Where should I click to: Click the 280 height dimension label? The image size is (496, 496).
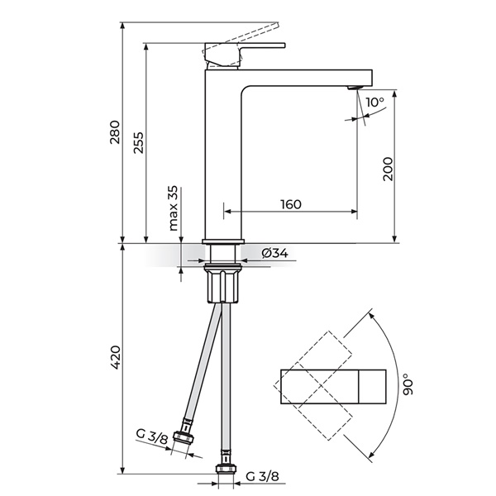[x=115, y=132]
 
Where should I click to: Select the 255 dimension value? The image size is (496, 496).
[x=138, y=143]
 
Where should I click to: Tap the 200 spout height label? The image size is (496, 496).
[x=388, y=169]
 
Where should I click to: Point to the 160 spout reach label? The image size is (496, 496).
[x=291, y=204]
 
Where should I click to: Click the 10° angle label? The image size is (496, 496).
[x=375, y=102]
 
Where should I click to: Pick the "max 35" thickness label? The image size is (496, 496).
[x=173, y=207]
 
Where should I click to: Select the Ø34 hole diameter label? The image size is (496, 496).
[x=275, y=253]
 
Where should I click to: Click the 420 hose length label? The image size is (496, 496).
[x=116, y=358]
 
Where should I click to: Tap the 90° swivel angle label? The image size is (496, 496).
[x=408, y=384]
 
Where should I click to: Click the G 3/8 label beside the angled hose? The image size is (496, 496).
[x=151, y=436]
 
